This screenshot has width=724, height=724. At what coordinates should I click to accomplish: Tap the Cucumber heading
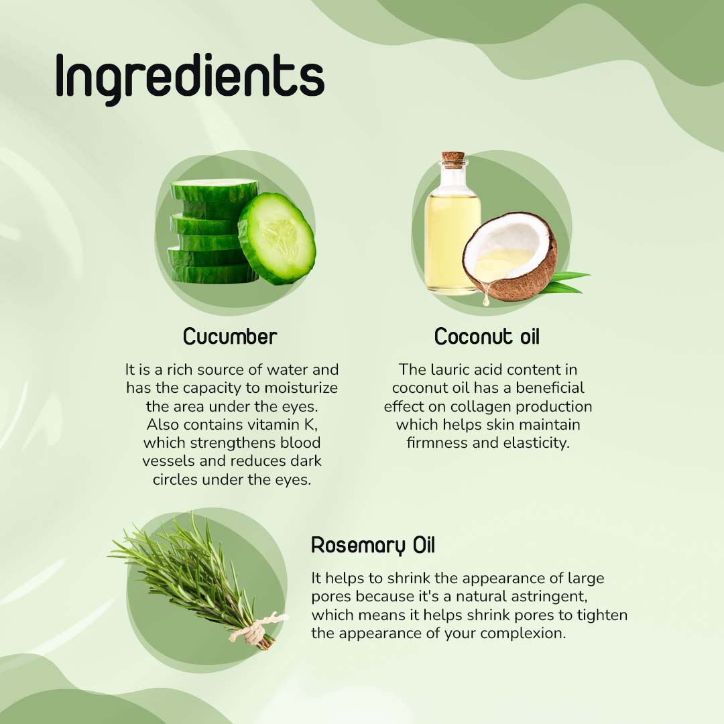click(230, 337)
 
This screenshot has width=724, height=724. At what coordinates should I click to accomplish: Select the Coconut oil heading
click(487, 337)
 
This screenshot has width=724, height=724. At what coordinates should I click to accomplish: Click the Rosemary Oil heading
click(373, 546)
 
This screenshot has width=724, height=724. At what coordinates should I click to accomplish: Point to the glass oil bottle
click(451, 235)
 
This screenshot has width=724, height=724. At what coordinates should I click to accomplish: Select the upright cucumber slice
click(277, 238)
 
